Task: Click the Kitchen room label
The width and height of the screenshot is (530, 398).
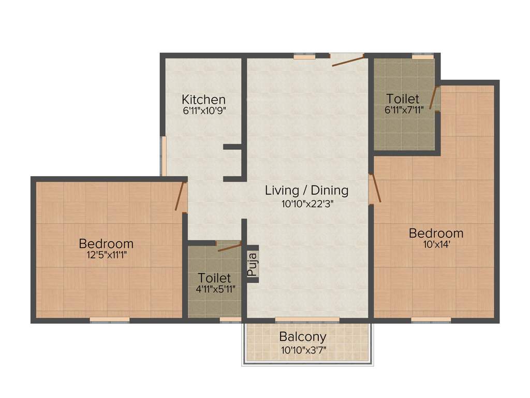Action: point(203,99)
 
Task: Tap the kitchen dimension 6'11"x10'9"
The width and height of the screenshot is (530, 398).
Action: point(203,110)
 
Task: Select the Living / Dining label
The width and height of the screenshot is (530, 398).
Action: point(306,190)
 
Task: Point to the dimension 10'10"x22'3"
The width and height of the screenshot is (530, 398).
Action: point(306,203)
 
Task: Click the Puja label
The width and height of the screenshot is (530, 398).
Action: point(252,264)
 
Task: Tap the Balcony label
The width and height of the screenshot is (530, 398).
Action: point(303,337)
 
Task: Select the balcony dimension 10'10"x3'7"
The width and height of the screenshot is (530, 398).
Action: point(303,349)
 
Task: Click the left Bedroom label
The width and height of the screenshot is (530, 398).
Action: point(106,243)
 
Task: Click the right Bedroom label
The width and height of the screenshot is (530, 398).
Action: point(436,233)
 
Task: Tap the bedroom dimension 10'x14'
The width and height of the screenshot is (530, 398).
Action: point(436,245)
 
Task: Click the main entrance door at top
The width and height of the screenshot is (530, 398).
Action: point(348,61)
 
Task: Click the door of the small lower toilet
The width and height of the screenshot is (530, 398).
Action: point(229,247)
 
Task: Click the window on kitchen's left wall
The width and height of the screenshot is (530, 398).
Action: point(163,156)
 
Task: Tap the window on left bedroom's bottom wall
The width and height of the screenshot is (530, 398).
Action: point(109,320)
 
